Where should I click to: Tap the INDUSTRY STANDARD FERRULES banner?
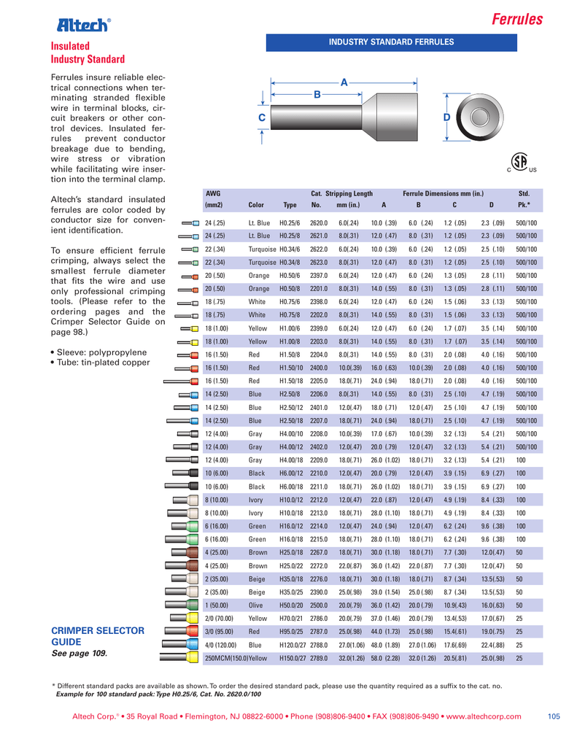[x=391, y=42]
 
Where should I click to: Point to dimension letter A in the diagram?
[x=343, y=82]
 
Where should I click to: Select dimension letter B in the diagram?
[x=317, y=94]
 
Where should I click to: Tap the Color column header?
[x=256, y=205]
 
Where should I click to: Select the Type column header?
[x=290, y=205]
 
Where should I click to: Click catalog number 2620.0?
[x=318, y=222]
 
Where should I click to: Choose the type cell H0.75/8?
[x=290, y=315]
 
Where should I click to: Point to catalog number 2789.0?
[x=319, y=658]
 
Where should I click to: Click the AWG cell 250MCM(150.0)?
[x=226, y=658]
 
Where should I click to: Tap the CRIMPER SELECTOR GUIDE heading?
[x=96, y=635]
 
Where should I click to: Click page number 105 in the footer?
[x=553, y=718]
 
